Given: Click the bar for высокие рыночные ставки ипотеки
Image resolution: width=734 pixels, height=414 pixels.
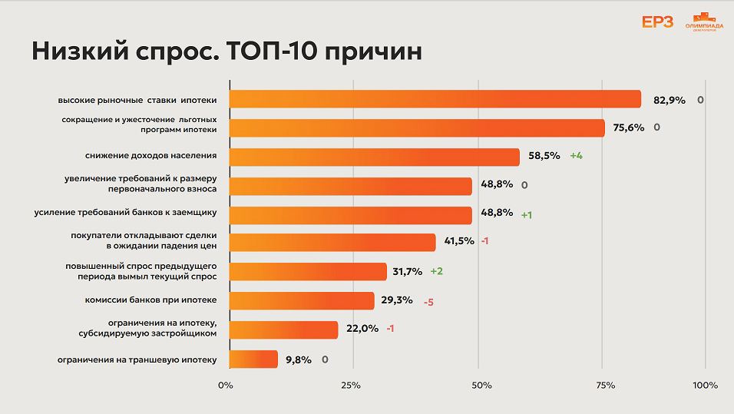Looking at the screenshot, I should (x=435, y=99).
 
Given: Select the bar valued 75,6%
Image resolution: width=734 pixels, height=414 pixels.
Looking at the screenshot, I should (x=417, y=128).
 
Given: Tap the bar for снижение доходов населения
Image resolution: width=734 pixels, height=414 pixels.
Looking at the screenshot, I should (x=375, y=157).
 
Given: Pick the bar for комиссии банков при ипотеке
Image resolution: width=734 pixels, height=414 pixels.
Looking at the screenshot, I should (x=302, y=301).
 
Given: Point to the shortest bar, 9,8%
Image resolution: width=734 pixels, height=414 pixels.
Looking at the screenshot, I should (x=253, y=359).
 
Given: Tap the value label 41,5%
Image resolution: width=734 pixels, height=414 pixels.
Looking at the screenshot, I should (x=459, y=241).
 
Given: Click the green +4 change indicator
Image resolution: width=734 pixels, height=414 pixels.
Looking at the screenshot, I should (x=576, y=156).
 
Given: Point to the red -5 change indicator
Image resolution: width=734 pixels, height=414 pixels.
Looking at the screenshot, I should (x=428, y=302).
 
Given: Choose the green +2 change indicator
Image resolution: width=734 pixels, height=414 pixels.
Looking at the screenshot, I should (x=437, y=271).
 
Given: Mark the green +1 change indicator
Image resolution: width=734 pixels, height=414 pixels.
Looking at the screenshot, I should (x=527, y=215).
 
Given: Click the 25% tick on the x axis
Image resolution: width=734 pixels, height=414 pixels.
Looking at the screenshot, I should (x=351, y=385).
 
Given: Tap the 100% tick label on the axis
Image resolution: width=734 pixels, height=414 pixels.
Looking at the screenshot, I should (x=705, y=385).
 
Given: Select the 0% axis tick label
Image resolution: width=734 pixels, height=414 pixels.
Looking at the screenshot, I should (x=225, y=385).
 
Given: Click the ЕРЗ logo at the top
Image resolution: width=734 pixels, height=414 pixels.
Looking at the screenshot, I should (x=657, y=22).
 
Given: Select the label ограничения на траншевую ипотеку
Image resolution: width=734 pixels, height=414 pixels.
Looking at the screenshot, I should (x=137, y=359).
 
